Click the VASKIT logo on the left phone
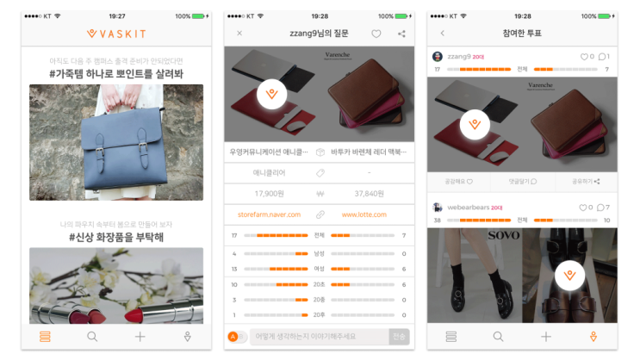[116, 34]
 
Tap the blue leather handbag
[115, 142]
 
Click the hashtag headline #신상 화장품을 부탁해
[116, 237]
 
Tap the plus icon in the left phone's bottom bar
[140, 337]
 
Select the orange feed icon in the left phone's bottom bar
[45, 337]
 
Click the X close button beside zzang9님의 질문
[239, 34]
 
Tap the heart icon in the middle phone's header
[376, 34]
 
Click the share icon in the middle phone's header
[401, 34]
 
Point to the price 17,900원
[269, 194]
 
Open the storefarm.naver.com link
[269, 214]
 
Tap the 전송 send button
[398, 337]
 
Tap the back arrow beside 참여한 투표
[443, 34]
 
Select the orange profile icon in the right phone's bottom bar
[593, 337]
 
